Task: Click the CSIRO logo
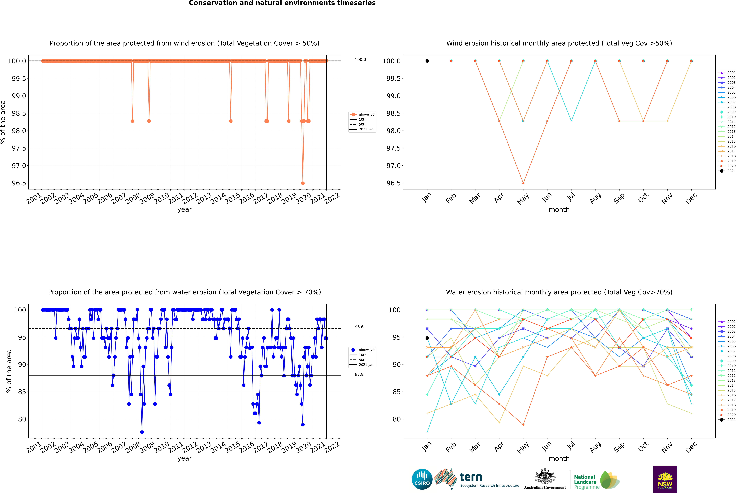[422, 479]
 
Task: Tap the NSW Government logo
[665, 479]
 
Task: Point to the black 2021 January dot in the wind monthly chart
[427, 61]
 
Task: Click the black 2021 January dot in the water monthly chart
[427, 338]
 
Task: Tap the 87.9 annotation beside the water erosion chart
[359, 374]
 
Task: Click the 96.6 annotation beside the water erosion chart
[359, 327]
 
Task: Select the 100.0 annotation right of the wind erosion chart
[360, 59]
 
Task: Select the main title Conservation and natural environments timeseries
[282, 3]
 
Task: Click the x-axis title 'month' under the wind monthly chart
[559, 210]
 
